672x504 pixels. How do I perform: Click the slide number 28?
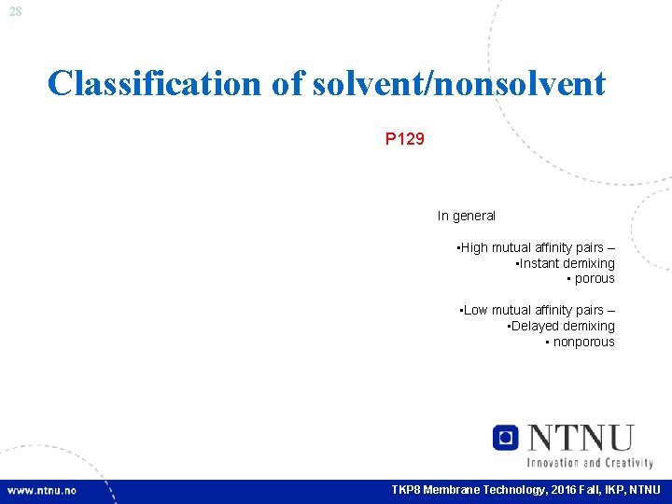point(15,10)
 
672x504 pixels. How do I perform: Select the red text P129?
point(405,139)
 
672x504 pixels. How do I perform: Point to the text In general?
point(467,216)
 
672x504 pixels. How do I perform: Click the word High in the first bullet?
point(474,247)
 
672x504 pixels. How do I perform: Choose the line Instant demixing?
point(566,263)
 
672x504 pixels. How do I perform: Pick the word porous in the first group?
point(595,278)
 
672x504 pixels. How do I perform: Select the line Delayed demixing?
point(561,326)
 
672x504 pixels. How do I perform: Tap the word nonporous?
point(583,342)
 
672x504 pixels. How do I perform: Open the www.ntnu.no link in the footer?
point(42,490)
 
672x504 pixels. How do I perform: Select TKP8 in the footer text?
point(407,490)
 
